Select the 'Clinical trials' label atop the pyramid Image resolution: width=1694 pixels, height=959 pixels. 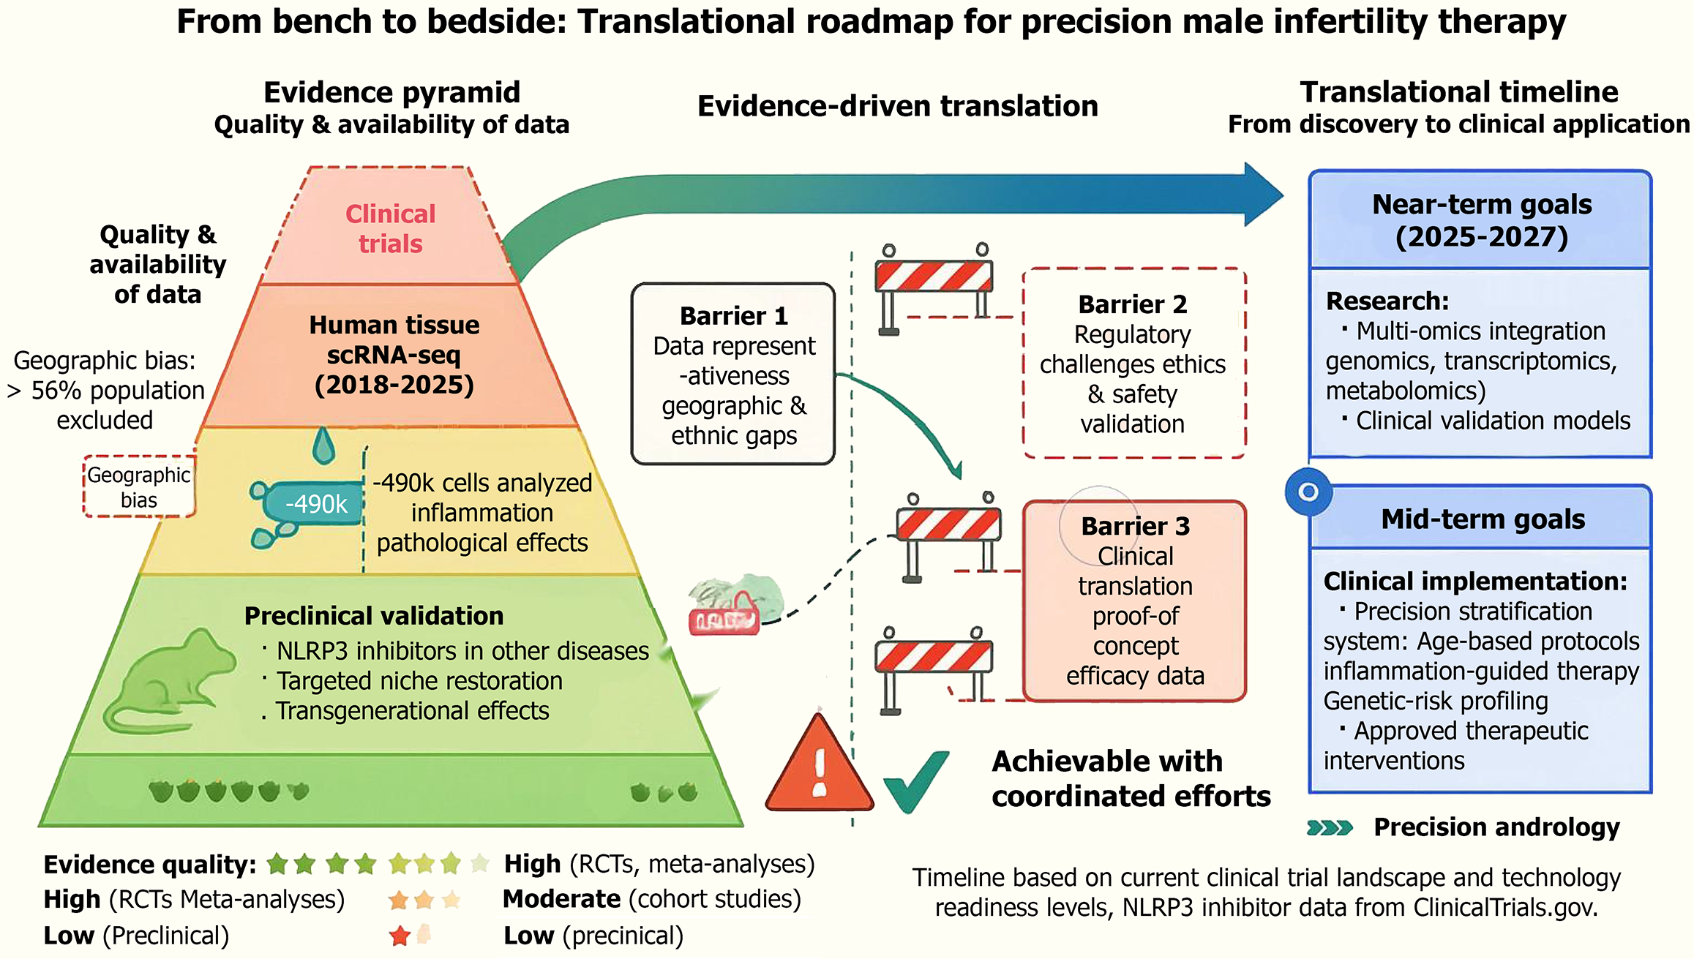pos(390,228)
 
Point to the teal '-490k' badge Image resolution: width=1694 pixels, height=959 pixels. pos(315,504)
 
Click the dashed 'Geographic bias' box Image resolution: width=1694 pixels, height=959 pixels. pos(139,487)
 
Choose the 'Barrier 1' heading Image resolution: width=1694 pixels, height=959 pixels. pos(733,316)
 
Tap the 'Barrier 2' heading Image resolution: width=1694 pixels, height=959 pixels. pos(1132,304)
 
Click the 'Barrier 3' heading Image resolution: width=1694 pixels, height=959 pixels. pos(1135,526)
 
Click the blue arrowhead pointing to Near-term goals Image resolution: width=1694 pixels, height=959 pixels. pos(1262,195)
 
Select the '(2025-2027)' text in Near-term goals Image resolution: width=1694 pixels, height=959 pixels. pos(1482,237)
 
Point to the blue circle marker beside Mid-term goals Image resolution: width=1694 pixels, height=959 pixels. pos(1308,492)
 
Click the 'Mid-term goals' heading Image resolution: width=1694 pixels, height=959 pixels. pos(1483,519)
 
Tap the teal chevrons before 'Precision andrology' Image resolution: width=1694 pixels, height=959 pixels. pos(1330,828)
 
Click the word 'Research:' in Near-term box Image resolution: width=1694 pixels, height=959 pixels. pos(1387,301)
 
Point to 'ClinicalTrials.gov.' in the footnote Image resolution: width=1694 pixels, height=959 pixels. pos(1505,908)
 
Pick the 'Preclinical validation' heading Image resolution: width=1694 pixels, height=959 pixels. pos(373,616)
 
